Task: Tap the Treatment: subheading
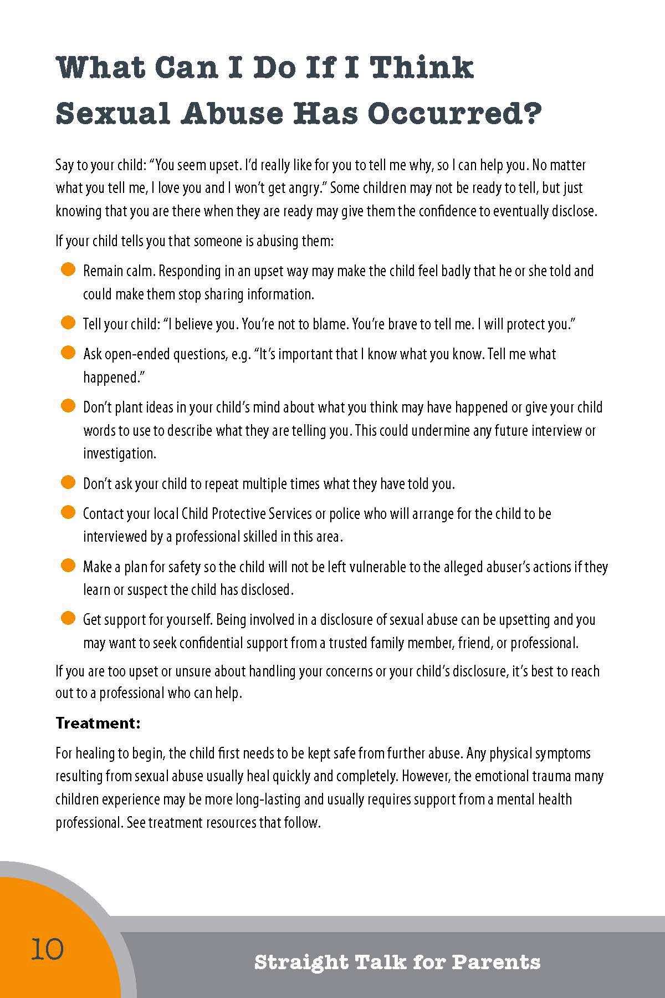coord(98,723)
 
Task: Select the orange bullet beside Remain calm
coord(68,270)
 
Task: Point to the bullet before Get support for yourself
coord(68,619)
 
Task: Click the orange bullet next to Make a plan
coord(68,566)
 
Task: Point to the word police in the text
coord(345,514)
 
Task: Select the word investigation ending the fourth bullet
coord(119,454)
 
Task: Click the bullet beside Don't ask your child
coord(68,483)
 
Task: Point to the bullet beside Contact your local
coord(68,513)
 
